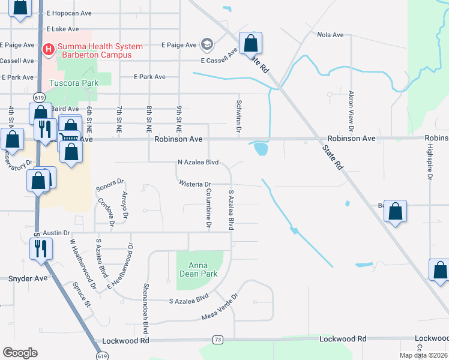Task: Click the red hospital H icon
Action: [x=49, y=47]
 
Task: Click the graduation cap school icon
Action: [x=207, y=44]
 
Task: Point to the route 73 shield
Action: [x=217, y=340]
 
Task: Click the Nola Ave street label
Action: [x=330, y=35]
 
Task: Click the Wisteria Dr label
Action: [x=195, y=184]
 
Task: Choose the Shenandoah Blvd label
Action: [x=145, y=309]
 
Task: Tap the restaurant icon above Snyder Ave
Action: [x=41, y=247]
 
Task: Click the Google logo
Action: [x=20, y=352]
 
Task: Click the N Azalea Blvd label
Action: [x=198, y=162]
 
